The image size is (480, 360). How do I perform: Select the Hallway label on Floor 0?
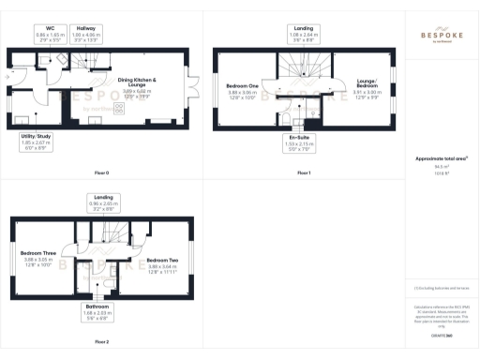pos(85,36)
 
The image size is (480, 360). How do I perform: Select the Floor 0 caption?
pos(101,173)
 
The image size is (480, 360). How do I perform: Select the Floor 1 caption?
pos(303,173)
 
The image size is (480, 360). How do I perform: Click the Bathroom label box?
pos(97,312)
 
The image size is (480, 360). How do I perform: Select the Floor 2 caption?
pos(101,342)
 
